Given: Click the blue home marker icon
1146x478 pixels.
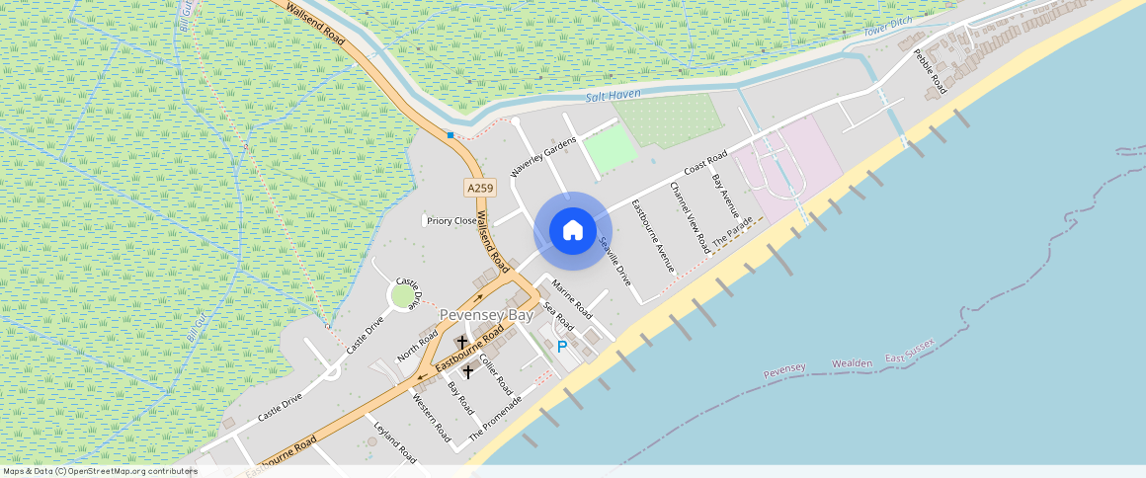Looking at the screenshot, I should click(x=572, y=231).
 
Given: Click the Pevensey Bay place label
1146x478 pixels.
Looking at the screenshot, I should click(x=485, y=315).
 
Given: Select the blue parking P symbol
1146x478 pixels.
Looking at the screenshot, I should click(x=562, y=347).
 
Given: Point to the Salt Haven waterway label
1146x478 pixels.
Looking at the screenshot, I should click(x=613, y=94).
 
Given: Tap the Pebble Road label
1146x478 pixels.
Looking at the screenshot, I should click(x=930, y=71).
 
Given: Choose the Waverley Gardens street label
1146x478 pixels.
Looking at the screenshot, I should click(x=542, y=158).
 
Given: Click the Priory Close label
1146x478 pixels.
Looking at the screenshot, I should click(x=451, y=221).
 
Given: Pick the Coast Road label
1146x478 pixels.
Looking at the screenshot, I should click(x=705, y=164).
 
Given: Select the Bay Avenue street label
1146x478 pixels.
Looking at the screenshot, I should click(x=725, y=196).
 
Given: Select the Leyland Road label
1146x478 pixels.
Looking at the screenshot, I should click(x=395, y=441).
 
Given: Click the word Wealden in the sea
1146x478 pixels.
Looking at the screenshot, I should click(x=851, y=363).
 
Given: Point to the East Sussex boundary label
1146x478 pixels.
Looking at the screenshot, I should click(x=909, y=350).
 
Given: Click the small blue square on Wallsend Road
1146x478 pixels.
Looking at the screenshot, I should click(x=450, y=135).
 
